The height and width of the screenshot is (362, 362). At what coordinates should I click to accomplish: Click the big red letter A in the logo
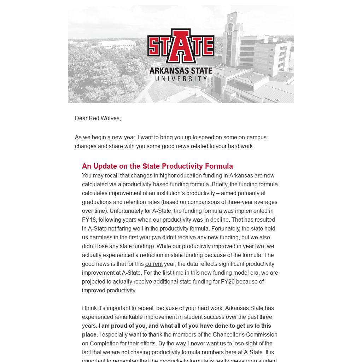181,46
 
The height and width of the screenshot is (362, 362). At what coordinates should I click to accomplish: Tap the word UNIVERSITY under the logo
181,78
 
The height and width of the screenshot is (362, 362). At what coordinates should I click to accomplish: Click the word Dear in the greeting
81,118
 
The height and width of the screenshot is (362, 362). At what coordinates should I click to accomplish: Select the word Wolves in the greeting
111,118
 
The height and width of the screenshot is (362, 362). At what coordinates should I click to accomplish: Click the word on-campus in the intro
252,137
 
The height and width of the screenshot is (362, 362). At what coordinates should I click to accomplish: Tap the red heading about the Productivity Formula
157,166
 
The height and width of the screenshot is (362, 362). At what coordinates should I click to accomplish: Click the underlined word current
154,264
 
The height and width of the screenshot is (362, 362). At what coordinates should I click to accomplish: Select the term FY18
89,220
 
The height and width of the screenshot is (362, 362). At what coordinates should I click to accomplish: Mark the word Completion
106,343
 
